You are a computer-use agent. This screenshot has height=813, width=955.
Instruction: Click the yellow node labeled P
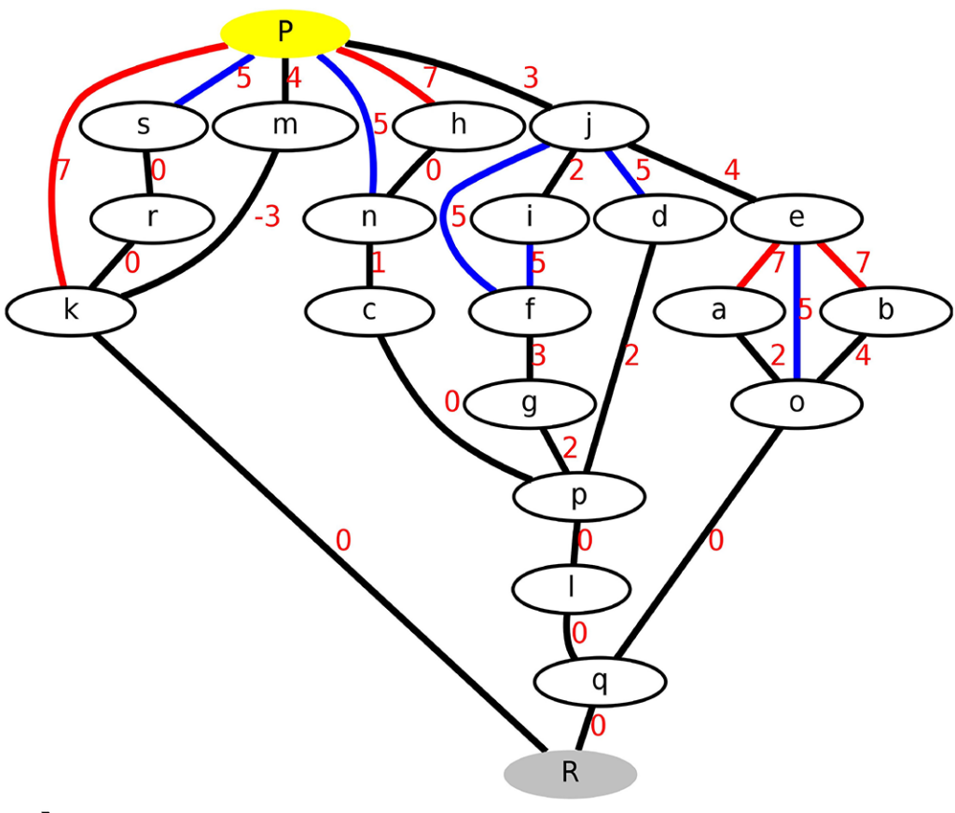pyautogui.click(x=284, y=33)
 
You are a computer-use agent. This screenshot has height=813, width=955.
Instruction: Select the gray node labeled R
pyautogui.click(x=570, y=774)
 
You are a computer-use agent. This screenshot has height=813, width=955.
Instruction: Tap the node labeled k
pyautogui.click(x=71, y=311)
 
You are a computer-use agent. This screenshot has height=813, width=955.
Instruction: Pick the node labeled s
pyautogui.click(x=143, y=126)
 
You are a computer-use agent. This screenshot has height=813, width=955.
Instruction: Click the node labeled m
pyautogui.click(x=284, y=126)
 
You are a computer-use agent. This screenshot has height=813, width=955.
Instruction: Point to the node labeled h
pyautogui.click(x=457, y=125)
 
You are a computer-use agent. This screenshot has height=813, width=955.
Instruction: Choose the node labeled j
pyautogui.click(x=588, y=125)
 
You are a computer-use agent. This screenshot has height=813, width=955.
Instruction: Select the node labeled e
pyautogui.click(x=796, y=218)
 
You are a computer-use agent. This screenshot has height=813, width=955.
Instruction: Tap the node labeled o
pyautogui.click(x=796, y=405)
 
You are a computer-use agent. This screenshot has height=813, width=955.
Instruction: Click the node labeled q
pyautogui.click(x=600, y=682)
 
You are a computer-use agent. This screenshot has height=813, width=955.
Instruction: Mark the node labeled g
pyautogui.click(x=529, y=405)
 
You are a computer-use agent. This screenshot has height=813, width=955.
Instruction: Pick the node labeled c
pyautogui.click(x=369, y=311)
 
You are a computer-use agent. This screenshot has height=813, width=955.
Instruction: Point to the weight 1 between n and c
pyautogui.click(x=378, y=263)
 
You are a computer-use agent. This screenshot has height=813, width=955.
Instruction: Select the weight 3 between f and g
pyautogui.click(x=538, y=355)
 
